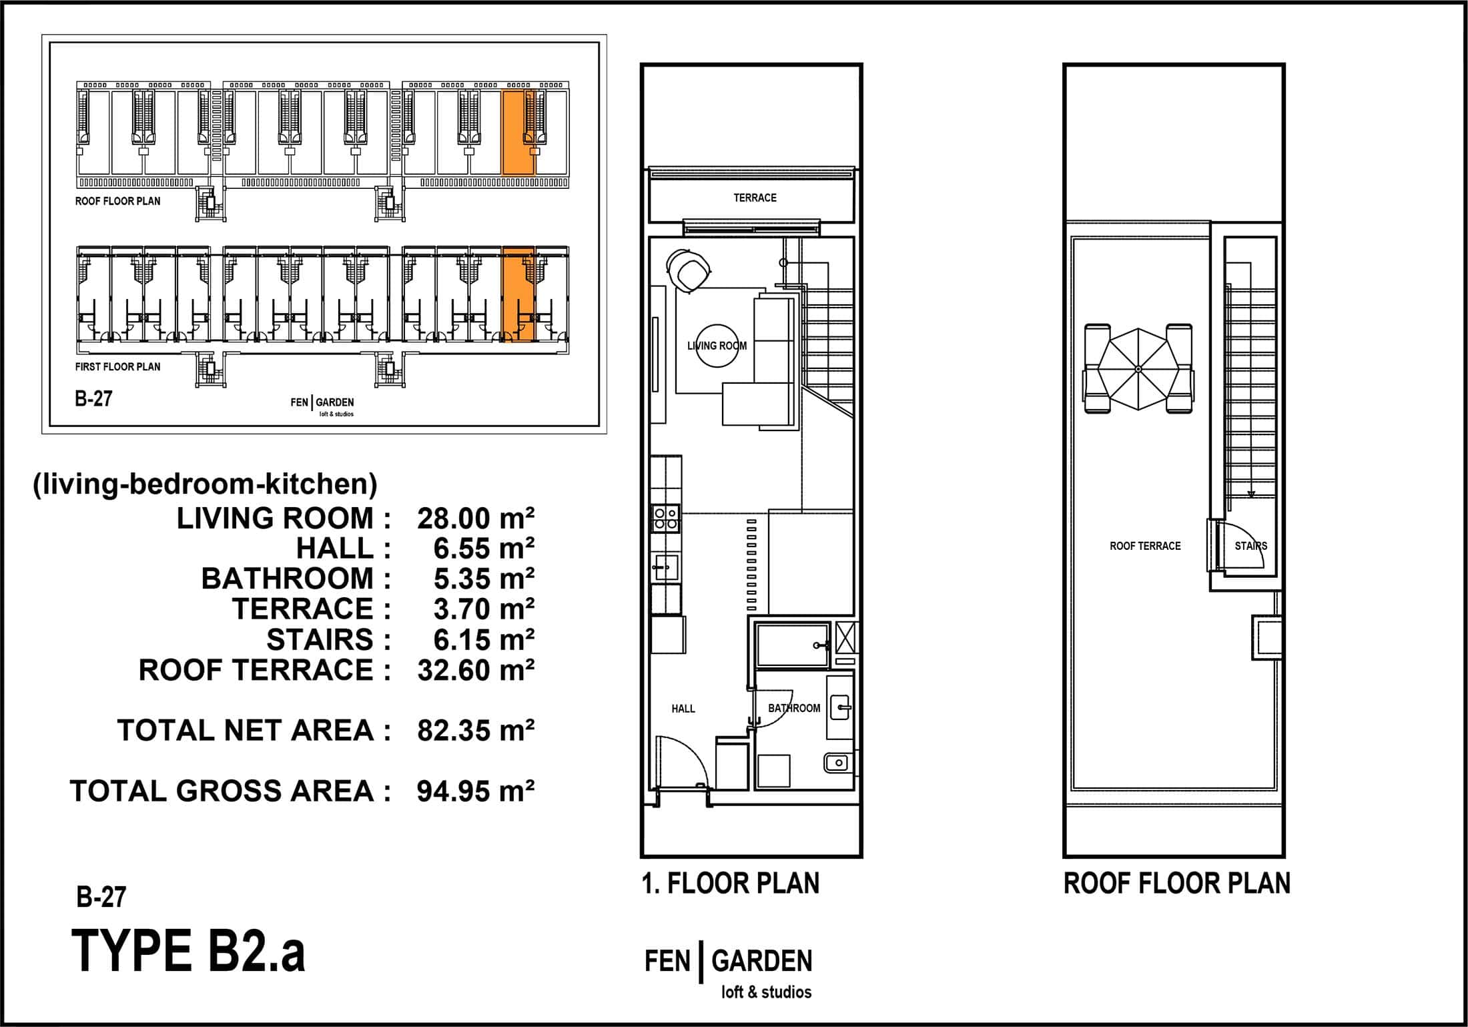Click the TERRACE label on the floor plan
(755, 198)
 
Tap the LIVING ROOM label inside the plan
(717, 346)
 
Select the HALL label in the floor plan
(683, 708)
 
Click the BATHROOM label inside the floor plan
(794, 708)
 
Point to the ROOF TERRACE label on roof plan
(1145, 546)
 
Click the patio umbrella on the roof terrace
(1138, 369)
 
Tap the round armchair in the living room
(689, 270)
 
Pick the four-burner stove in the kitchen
(666, 519)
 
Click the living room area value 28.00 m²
(476, 519)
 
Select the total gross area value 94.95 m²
(476, 791)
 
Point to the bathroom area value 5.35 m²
(484, 579)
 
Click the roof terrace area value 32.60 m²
(476, 670)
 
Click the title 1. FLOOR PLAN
(730, 884)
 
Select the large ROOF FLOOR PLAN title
(1177, 884)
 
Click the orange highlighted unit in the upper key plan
(518, 133)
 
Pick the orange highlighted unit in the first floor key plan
(518, 294)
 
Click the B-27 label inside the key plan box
(93, 399)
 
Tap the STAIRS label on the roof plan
(1250, 546)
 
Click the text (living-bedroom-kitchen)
(205, 484)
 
